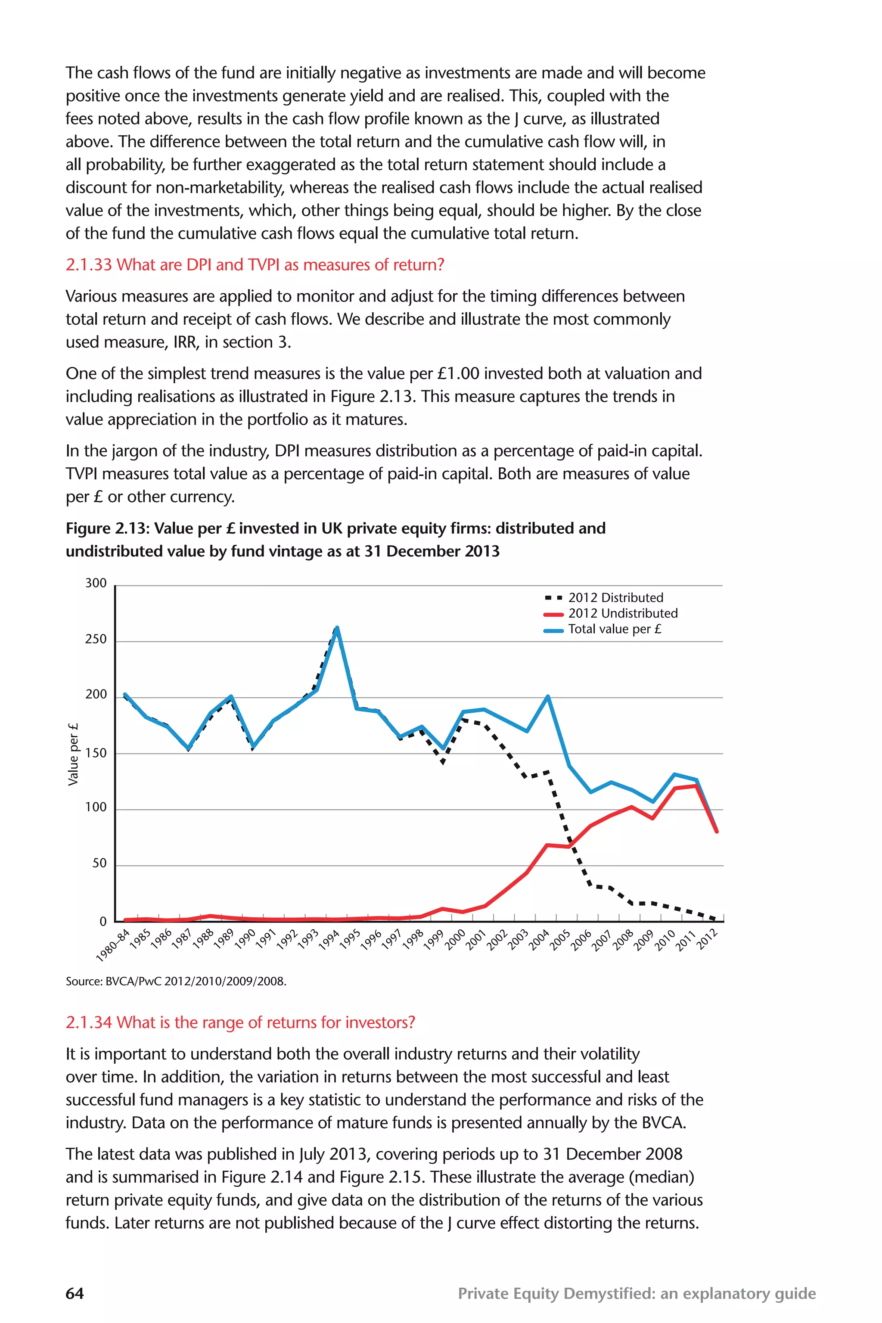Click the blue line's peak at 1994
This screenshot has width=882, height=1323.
[337, 628]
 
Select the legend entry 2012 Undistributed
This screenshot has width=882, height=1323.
[622, 613]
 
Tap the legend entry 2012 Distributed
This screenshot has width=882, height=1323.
[615, 597]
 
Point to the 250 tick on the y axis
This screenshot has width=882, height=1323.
[96, 639]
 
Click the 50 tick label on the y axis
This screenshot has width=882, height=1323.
[99, 863]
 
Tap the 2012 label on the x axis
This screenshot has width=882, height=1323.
[707, 939]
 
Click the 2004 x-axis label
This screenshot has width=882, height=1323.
[539, 939]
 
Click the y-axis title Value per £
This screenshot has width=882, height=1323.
[73, 754]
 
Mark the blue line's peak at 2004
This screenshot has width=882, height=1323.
[548, 697]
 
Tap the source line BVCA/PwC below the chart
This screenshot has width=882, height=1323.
[176, 981]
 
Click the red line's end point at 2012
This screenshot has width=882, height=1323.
[717, 831]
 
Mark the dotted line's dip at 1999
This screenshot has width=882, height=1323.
[443, 763]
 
